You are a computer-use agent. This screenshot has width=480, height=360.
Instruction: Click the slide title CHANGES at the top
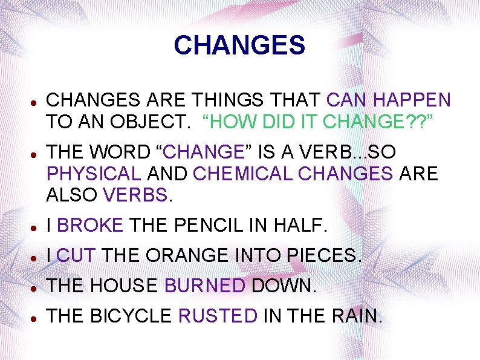coord(239,45)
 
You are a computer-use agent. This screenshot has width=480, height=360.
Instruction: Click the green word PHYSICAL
coord(93,174)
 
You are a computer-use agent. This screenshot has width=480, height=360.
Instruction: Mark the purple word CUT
coord(76,255)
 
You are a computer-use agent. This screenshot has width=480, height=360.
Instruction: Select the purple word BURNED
coord(205,285)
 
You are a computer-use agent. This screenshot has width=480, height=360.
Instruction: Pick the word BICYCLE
coord(131,315)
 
